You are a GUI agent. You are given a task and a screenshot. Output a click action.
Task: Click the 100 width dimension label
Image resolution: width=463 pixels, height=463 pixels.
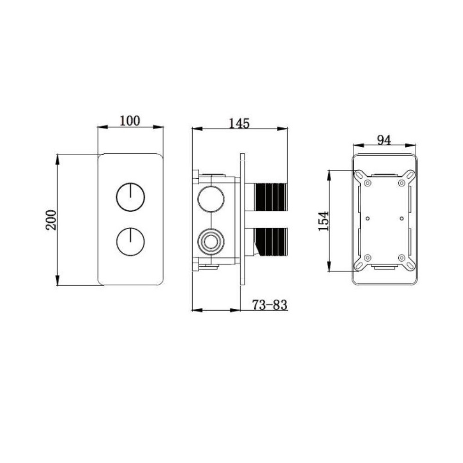point(130,120)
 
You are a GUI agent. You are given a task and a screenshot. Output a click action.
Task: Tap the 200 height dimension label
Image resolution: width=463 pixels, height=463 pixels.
point(51,219)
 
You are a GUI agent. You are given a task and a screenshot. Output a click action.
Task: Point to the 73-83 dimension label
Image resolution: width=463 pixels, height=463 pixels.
point(269,305)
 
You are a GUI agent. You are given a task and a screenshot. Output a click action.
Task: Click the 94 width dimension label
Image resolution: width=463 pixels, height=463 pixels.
point(384,140)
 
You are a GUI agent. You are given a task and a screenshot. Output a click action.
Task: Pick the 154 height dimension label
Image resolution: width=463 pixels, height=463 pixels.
point(323,220)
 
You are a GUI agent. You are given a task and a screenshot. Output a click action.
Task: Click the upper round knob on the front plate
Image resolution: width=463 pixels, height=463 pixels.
point(130,197)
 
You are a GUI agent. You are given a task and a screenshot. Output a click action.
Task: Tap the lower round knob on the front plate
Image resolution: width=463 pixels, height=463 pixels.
point(130,241)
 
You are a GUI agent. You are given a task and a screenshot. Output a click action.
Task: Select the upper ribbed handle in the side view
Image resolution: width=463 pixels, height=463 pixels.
point(271,197)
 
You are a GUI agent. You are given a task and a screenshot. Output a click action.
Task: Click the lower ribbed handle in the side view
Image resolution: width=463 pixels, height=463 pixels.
point(271,241)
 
